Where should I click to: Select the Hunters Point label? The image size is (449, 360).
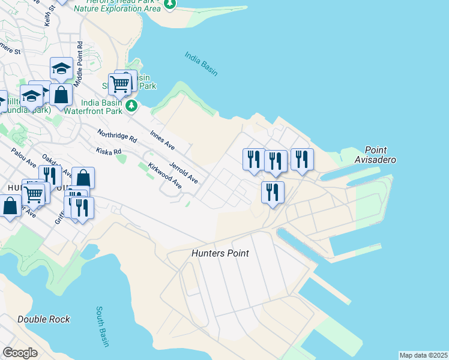point(220,253)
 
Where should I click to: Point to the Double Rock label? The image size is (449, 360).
point(43,319)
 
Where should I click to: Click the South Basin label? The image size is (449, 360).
point(103,326)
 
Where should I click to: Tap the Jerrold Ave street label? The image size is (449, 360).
point(184,172)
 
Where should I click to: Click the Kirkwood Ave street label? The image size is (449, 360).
point(164,175)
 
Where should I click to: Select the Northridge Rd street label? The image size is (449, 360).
point(117,135)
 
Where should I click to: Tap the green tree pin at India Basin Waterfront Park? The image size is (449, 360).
point(132,106)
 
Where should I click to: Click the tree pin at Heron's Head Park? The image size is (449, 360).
point(170,4)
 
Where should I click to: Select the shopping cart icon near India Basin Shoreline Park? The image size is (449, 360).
point(119,84)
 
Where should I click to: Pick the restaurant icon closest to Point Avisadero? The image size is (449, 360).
point(302,159)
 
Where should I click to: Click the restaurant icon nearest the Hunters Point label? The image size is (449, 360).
point(273,192)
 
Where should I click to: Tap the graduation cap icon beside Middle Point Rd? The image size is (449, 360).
point(61,68)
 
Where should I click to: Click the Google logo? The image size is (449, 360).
point(20,353)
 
